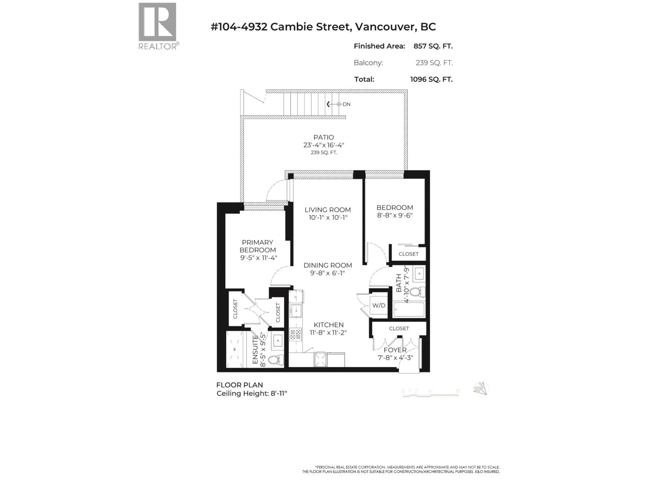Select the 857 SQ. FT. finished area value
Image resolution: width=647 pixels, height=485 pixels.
[433, 46]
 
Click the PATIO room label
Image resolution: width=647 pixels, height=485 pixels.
[323, 137]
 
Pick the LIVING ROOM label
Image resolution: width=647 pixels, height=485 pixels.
[328, 210]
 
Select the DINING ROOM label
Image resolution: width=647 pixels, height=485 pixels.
[328, 265]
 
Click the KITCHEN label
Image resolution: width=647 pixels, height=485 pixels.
[329, 325]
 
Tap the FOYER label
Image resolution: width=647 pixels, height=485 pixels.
[395, 350]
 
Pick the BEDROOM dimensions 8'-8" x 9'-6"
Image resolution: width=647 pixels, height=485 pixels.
[395, 215]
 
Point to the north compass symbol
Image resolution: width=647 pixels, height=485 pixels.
[481, 389]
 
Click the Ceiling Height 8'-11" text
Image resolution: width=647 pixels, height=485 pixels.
[252, 394]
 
